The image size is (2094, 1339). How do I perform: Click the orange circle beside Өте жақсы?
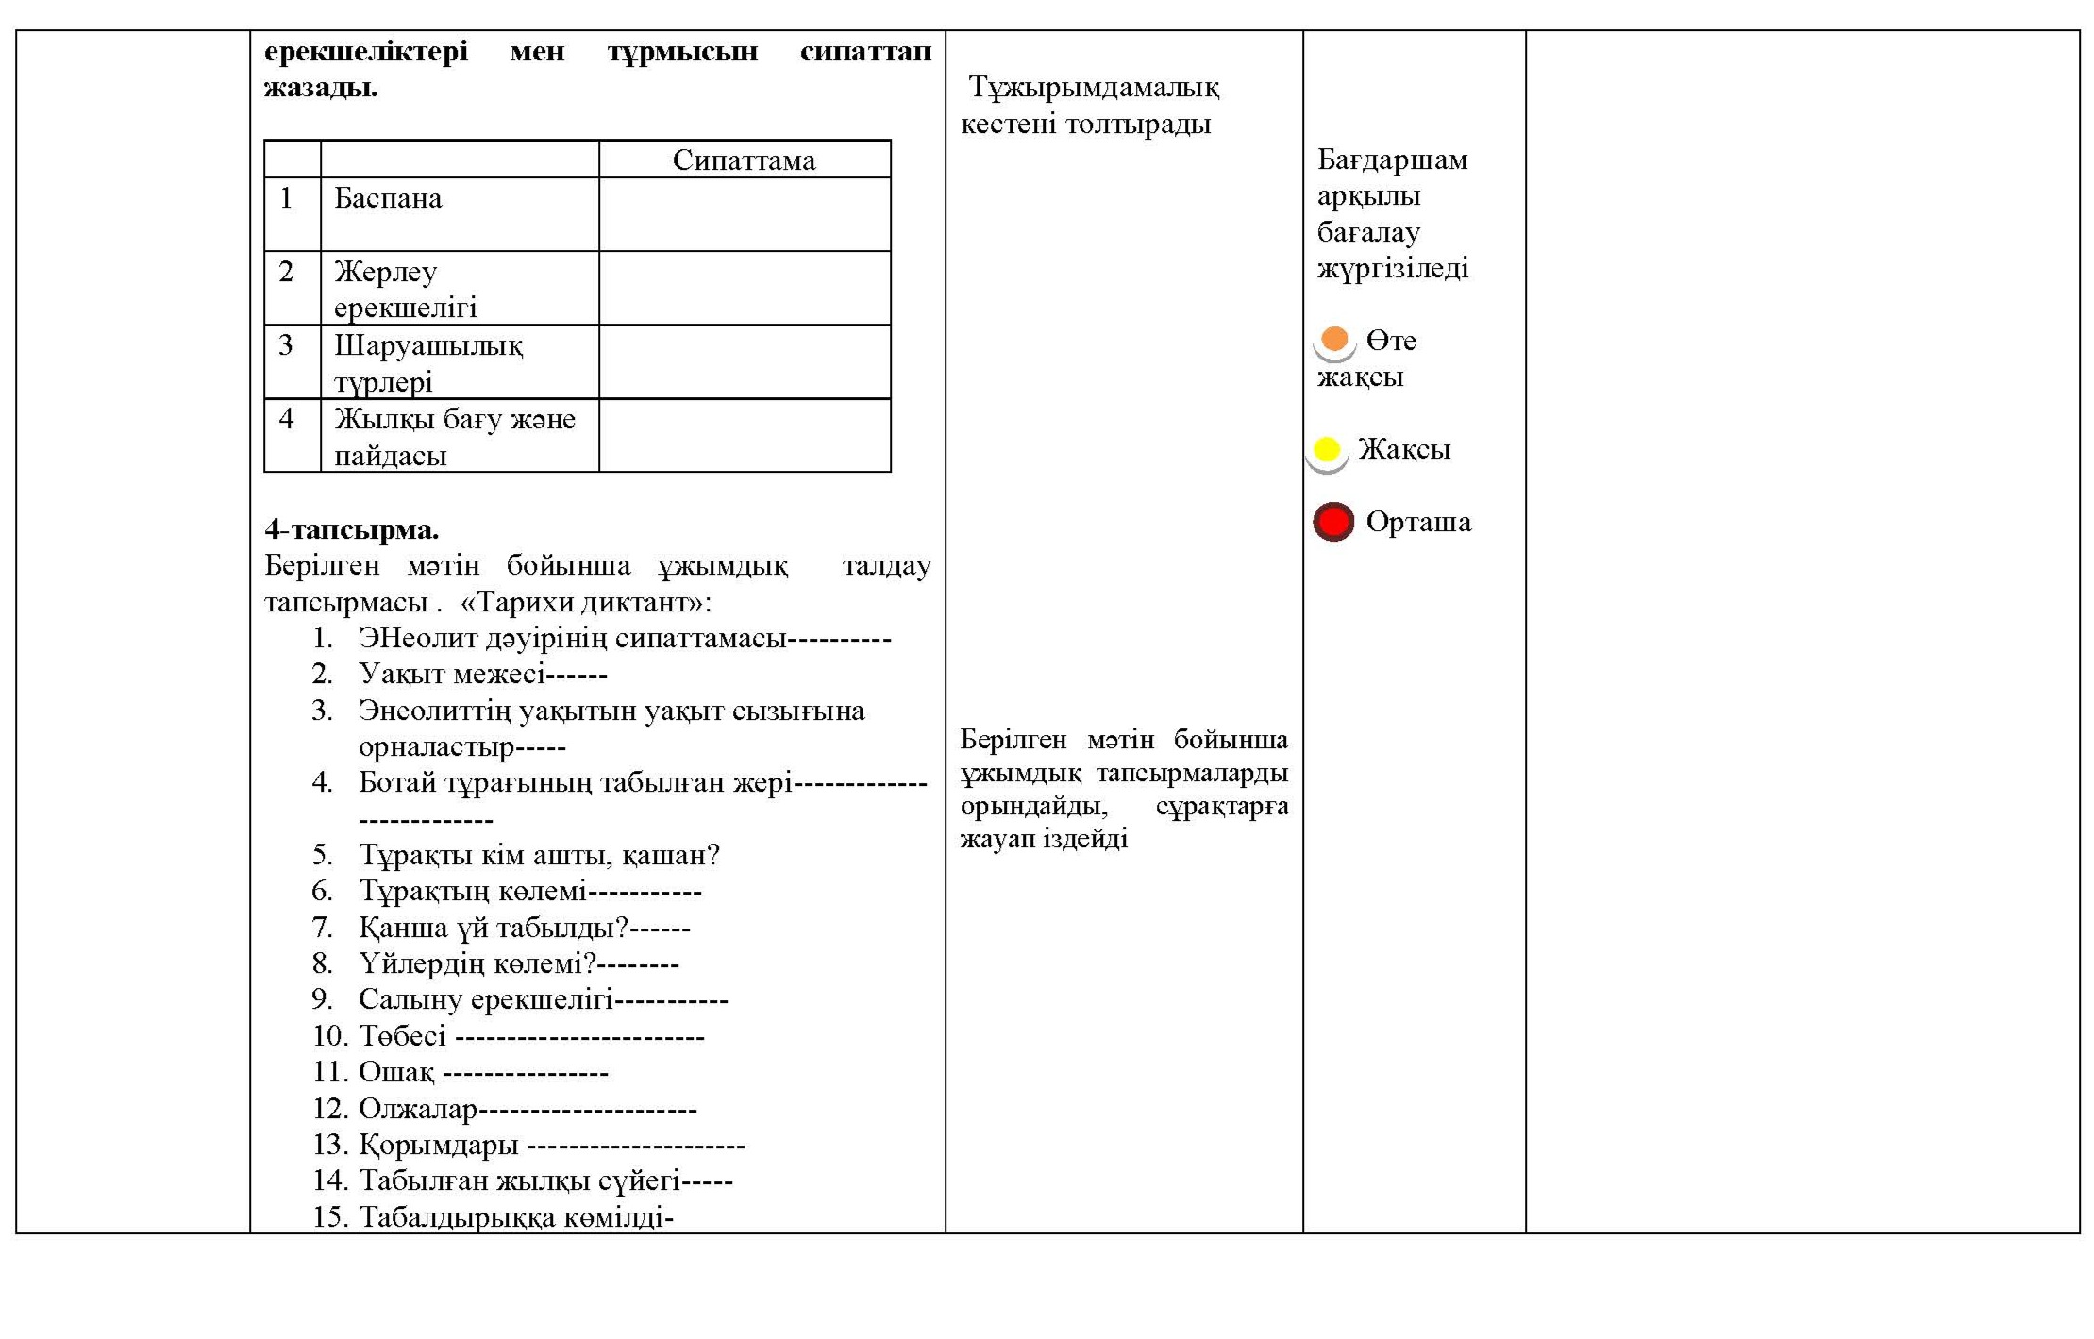click(x=1333, y=339)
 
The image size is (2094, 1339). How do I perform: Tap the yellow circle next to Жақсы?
click(x=1326, y=449)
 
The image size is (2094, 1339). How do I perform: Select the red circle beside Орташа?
click(x=1332, y=522)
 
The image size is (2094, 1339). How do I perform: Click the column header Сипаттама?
click(x=744, y=160)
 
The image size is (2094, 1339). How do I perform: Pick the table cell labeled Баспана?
click(x=388, y=198)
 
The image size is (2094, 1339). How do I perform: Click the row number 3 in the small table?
click(x=286, y=345)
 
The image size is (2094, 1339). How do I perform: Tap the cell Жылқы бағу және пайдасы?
click(x=454, y=436)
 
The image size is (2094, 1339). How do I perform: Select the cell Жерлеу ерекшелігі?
click(x=406, y=289)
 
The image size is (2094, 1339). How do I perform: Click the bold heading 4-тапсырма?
click(x=351, y=529)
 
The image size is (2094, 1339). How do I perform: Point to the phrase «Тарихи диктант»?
click(x=582, y=602)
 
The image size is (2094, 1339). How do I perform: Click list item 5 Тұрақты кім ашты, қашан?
click(x=538, y=855)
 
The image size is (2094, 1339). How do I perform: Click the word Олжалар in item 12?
click(x=417, y=1109)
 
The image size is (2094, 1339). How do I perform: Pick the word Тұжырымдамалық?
click(x=1094, y=88)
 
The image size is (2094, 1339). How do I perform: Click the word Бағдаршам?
click(x=1392, y=159)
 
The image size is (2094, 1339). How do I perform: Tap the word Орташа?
click(x=1417, y=522)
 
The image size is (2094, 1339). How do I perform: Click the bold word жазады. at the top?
click(x=320, y=88)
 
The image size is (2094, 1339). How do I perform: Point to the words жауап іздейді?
click(x=1044, y=838)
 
